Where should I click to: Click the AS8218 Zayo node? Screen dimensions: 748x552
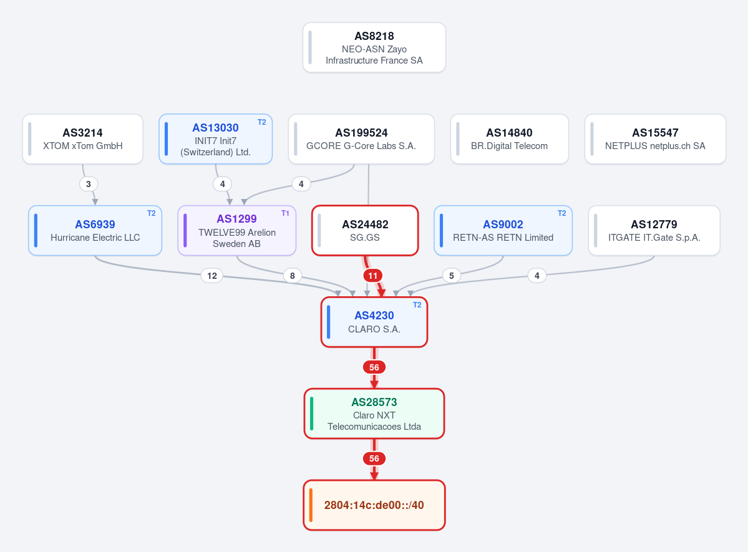[x=374, y=47]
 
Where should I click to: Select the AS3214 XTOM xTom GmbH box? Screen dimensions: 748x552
[x=82, y=139]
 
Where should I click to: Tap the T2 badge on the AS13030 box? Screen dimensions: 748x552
[x=262, y=122]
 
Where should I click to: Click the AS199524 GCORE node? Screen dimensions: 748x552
[x=361, y=139]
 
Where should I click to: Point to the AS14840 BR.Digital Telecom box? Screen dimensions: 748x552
[x=510, y=139]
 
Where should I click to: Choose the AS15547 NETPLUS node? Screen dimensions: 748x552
[x=655, y=139]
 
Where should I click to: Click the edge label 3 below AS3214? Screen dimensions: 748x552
[x=88, y=184]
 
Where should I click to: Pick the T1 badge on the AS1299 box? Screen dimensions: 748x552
[x=285, y=213]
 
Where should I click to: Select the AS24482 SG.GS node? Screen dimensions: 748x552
[x=365, y=230]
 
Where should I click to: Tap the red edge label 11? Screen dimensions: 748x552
[x=372, y=276]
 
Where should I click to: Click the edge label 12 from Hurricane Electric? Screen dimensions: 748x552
[x=212, y=276]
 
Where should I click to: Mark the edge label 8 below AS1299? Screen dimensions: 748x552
[x=293, y=276]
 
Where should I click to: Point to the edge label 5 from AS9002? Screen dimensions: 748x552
[x=451, y=276]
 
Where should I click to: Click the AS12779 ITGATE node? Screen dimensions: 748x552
[x=654, y=230]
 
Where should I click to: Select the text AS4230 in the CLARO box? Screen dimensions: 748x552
[x=374, y=316]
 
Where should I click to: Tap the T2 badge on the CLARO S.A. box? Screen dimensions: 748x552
[x=417, y=305]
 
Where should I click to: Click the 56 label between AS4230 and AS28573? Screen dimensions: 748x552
[x=374, y=367]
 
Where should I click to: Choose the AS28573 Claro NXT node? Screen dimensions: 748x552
[x=374, y=414]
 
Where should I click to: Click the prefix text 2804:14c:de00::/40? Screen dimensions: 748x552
[x=374, y=505]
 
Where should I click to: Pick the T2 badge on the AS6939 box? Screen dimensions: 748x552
[x=151, y=213]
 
